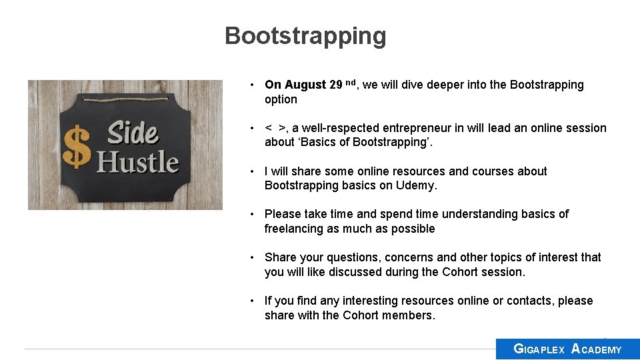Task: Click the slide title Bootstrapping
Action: click(305, 36)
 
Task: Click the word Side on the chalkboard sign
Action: click(133, 133)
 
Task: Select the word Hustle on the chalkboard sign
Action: click(139, 163)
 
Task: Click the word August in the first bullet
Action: click(305, 85)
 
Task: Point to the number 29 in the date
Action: click(336, 85)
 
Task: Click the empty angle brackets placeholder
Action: click(275, 128)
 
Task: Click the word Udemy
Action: click(416, 185)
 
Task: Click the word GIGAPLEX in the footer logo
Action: click(539, 349)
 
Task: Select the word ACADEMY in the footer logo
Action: click(597, 349)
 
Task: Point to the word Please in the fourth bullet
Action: click(283, 214)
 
